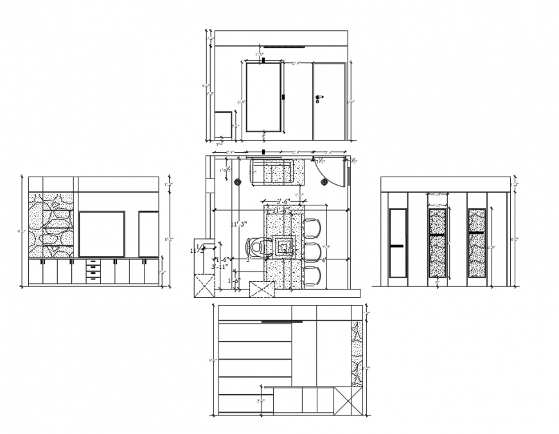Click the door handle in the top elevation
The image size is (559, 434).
(318, 98)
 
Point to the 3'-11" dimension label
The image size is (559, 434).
(220, 265)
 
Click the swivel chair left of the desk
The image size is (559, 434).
(256, 247)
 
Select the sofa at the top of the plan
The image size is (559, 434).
(272, 172)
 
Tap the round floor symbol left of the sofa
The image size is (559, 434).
(237, 182)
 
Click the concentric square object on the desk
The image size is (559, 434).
(283, 245)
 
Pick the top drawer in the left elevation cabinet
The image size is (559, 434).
(94, 263)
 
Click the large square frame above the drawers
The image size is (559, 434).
(102, 233)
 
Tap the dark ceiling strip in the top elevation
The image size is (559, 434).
(283, 46)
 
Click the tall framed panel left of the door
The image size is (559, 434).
(263, 97)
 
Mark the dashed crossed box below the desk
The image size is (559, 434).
(261, 289)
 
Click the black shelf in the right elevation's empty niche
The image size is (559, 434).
(398, 246)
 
